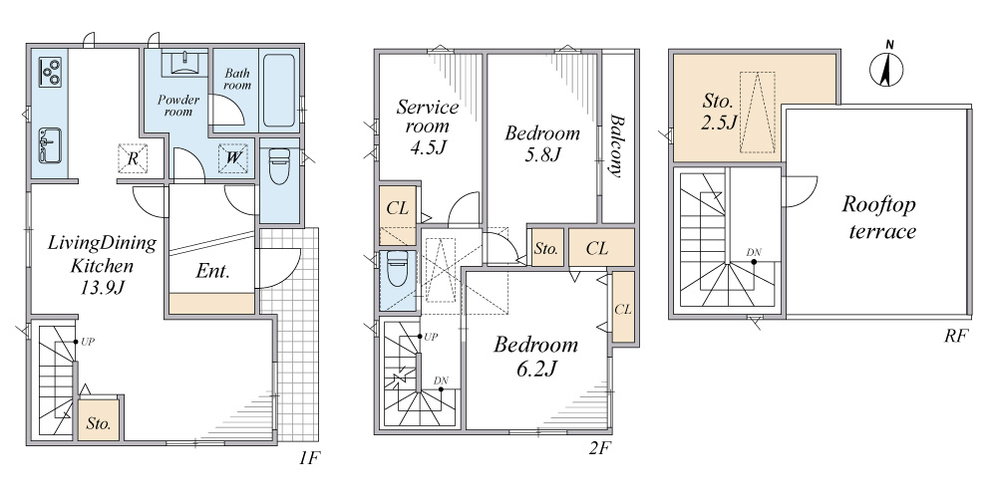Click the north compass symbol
coord(886,67)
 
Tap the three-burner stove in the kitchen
coord(50,71)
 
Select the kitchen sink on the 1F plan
coord(50,144)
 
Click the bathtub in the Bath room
coord(279,91)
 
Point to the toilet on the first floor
coord(279,166)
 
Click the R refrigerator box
coord(133,157)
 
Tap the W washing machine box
coord(232,157)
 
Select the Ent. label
coord(211,271)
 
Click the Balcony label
coord(615,145)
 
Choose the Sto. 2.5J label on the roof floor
coord(719,111)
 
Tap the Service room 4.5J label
coord(428,126)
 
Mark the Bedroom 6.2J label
coord(536,357)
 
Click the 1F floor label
coord(310,458)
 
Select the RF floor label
coord(955,337)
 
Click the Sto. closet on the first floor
coord(99,419)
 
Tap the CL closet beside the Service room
coord(398,216)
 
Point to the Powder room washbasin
coord(184,63)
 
